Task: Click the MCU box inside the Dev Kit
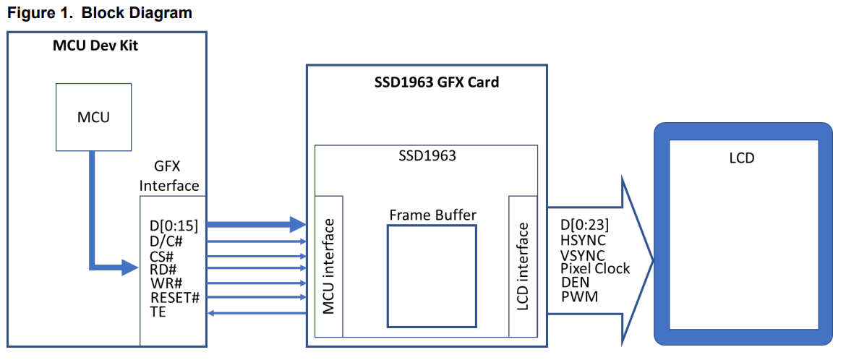pos(94,117)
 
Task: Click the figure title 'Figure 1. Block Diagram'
pos(100,13)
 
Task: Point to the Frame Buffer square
pos(432,275)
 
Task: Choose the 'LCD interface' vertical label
pos(522,267)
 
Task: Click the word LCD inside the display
pos(741,158)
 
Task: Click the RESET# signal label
pos(174,298)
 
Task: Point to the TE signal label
pos(158,312)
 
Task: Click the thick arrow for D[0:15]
pos(257,225)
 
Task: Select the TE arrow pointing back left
pos(257,312)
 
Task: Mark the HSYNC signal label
pos(583,240)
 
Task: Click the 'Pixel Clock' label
pos(595,269)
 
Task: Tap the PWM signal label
pos(579,297)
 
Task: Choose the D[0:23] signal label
pos(584,226)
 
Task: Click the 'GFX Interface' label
pos(169,177)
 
